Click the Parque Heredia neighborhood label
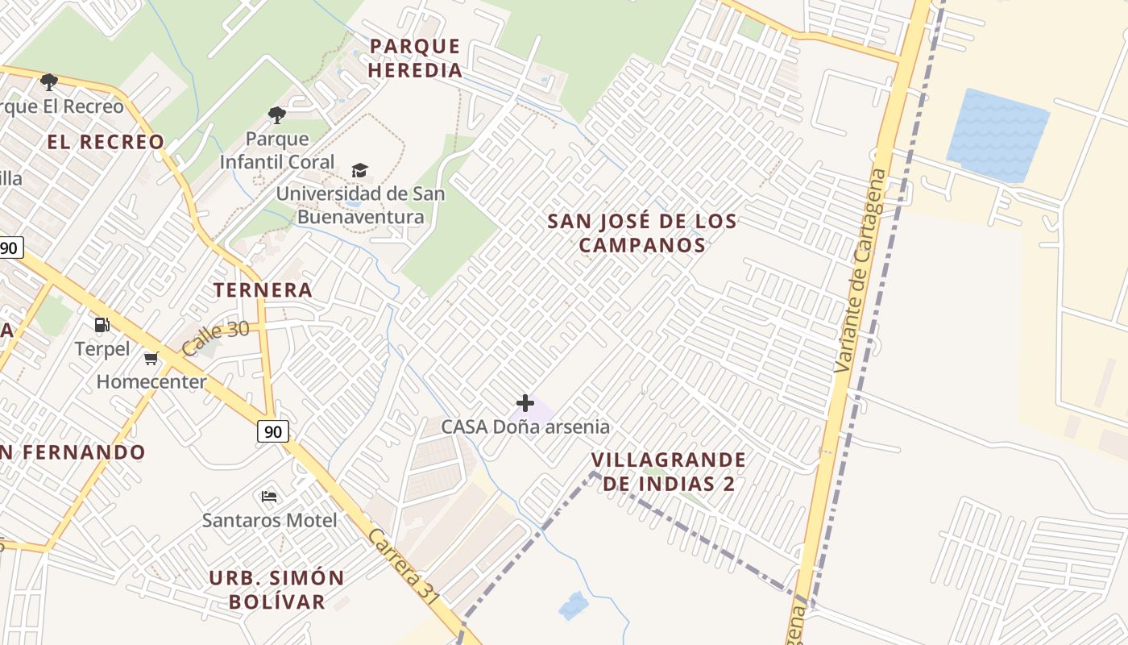(415, 58)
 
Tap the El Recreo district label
(106, 142)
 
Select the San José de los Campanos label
(642, 233)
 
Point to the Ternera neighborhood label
(263, 290)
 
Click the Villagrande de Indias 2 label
(669, 472)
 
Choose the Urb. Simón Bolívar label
(276, 589)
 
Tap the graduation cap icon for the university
(359, 170)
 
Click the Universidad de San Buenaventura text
(360, 206)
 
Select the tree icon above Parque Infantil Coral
(277, 115)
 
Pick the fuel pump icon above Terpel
(102, 325)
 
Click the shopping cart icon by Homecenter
(151, 358)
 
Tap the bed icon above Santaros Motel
(269, 496)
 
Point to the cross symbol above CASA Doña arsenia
(525, 402)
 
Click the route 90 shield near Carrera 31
(273, 431)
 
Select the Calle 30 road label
(215, 338)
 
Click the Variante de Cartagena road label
(860, 271)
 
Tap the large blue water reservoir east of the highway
(997, 135)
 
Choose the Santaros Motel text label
(269, 520)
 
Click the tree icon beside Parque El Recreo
(49, 81)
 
